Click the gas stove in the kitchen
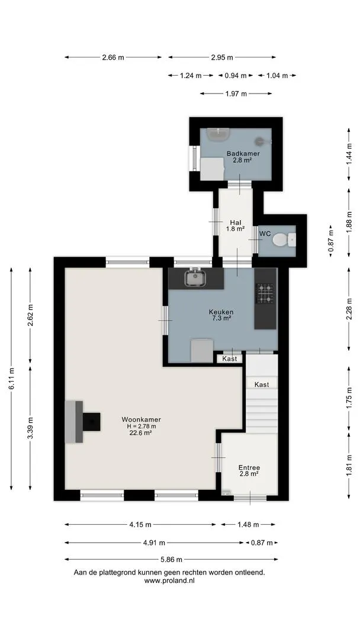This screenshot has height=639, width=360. click(265, 293)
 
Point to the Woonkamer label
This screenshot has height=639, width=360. click(141, 419)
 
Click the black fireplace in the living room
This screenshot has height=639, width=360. click(91, 421)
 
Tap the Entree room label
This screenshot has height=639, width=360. click(249, 467)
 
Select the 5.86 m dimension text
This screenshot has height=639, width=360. click(171, 559)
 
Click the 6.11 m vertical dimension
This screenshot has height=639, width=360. click(11, 378)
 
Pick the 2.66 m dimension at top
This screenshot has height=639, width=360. click(113, 57)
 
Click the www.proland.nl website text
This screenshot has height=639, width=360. click(169, 581)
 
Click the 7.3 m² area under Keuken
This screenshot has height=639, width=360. click(221, 318)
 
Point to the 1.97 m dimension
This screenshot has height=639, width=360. click(236, 93)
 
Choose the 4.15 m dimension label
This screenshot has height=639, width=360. click(140, 525)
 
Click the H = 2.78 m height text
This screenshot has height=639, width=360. click(141, 426)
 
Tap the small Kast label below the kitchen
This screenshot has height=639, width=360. click(230, 359)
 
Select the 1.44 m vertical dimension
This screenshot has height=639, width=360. click(349, 154)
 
